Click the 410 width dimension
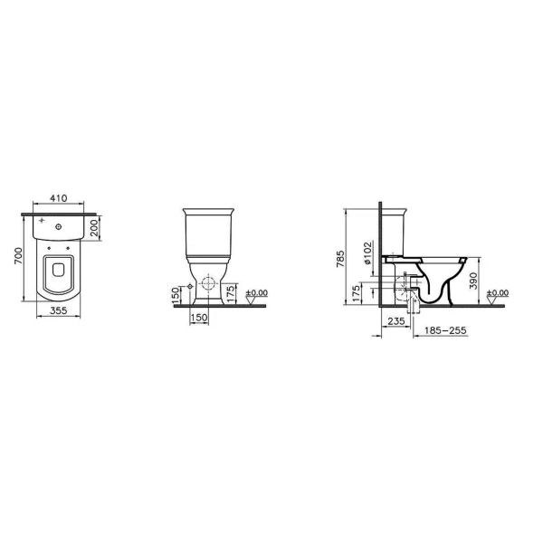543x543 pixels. tap(59, 198)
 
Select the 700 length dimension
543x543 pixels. tap(18, 255)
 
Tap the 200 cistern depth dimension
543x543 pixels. tap(94, 228)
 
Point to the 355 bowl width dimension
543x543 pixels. tap(59, 310)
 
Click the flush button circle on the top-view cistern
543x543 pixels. tap(59, 227)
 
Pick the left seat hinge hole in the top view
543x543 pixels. tap(49, 248)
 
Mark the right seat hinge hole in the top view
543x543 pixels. tap(68, 248)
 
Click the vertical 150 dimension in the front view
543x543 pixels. tap(176, 293)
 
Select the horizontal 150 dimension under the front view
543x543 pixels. tap(199, 318)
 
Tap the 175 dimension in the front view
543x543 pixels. tap(231, 293)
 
